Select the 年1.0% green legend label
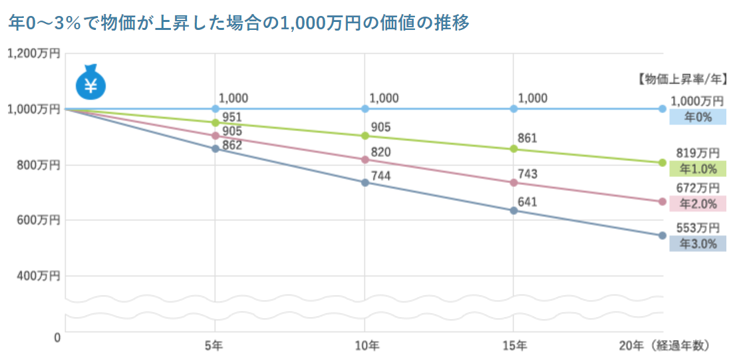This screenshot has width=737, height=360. (x=698, y=169)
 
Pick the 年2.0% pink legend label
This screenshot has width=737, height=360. (x=698, y=204)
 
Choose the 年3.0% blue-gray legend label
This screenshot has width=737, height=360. (x=698, y=244)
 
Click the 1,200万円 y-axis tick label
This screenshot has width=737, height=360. (x=33, y=53)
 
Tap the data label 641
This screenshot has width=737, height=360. (x=527, y=202)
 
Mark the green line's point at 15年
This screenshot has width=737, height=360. (x=514, y=148)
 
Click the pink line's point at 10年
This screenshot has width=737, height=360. (x=365, y=160)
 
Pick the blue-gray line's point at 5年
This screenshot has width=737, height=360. (x=215, y=148)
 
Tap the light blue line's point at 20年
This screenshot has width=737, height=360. (x=663, y=108)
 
